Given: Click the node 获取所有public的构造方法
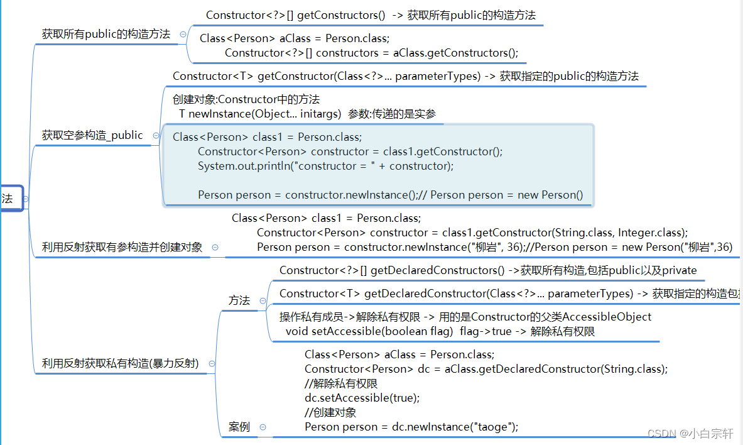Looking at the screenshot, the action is (x=106, y=34).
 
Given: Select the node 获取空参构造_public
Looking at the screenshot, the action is (x=92, y=135).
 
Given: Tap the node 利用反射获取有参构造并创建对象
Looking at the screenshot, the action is (x=122, y=247).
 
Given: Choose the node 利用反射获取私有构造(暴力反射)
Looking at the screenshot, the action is (x=121, y=363).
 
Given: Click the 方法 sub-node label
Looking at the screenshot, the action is (x=239, y=300).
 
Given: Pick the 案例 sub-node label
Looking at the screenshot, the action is (x=239, y=427).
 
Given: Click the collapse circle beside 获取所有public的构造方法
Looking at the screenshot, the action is (x=183, y=34).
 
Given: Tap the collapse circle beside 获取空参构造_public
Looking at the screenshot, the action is (x=156, y=136).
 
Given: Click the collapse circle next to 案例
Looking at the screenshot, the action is (x=263, y=427).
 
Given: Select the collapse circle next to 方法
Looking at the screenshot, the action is (x=263, y=301).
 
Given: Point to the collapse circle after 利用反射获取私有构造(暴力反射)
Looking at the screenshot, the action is (x=212, y=364).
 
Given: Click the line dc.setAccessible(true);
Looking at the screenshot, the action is (x=362, y=398).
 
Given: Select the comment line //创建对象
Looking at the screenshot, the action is (x=330, y=412).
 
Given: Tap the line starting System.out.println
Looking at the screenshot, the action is (x=325, y=166).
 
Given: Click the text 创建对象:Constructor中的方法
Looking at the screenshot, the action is (x=246, y=99).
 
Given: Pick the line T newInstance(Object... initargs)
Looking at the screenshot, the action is (x=260, y=114).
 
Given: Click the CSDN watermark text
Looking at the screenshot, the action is (x=690, y=433).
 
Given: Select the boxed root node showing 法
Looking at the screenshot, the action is (x=11, y=199).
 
